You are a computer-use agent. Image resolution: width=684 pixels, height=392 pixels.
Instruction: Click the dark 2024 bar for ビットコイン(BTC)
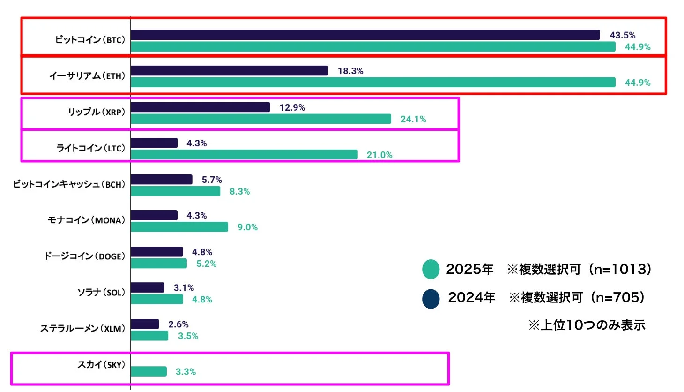[x=365, y=35]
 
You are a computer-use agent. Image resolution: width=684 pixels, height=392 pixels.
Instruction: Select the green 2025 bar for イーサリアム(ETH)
[x=373, y=83]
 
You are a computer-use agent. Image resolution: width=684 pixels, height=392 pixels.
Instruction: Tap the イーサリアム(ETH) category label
[x=88, y=76]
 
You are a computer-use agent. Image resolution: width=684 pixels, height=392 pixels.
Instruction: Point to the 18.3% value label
[x=350, y=71]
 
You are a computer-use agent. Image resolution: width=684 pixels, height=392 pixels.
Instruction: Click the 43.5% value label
[x=622, y=35]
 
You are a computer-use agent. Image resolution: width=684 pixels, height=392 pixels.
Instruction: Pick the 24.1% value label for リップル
[x=413, y=119]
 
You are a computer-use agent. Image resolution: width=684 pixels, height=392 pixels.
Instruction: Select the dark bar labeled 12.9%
[x=201, y=107]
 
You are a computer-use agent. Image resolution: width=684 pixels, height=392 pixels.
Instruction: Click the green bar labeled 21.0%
[x=244, y=155]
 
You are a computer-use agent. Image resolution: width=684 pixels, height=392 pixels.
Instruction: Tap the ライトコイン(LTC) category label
[x=91, y=148]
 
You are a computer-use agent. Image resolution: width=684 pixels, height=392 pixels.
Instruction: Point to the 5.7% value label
[x=212, y=180]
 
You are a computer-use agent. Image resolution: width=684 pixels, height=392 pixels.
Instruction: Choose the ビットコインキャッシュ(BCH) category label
[x=69, y=184]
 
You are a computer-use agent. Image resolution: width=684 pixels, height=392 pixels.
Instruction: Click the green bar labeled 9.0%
[x=179, y=227]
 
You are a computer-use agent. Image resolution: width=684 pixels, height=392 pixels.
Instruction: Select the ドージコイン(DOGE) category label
[x=85, y=256]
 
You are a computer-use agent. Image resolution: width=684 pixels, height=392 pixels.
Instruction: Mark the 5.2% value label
[x=206, y=264]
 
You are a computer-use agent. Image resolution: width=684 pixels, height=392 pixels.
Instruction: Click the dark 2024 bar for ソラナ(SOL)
[x=148, y=287]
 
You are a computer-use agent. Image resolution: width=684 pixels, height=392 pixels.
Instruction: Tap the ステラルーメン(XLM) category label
[x=83, y=329]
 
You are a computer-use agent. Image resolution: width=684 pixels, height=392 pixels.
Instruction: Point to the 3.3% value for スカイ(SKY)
[x=186, y=372]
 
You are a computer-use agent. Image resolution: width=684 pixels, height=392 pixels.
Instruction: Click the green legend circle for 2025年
[x=431, y=269]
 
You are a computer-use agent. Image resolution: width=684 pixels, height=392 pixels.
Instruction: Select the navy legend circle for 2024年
[x=431, y=299]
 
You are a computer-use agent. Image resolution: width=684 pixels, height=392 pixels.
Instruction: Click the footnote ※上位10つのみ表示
[x=587, y=325]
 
